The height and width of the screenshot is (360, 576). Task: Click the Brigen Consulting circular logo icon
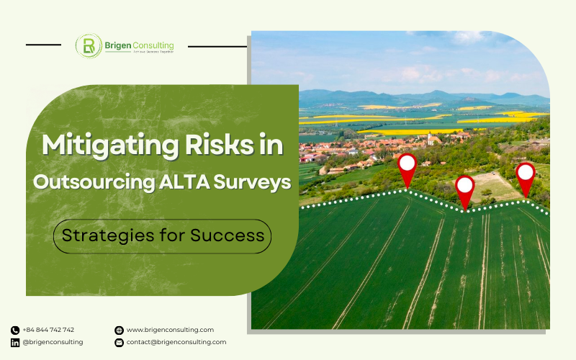(89, 46)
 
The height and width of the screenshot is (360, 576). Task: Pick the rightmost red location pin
(526, 175)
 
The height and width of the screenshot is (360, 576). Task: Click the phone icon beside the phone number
(15, 330)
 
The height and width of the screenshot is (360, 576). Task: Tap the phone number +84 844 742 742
(48, 330)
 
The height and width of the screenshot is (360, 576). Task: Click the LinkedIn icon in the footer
(15, 343)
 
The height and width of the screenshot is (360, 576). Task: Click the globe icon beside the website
(119, 330)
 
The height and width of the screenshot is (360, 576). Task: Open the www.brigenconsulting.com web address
(170, 330)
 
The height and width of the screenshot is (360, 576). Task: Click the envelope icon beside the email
(119, 343)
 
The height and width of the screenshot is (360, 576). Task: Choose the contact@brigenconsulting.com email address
(176, 342)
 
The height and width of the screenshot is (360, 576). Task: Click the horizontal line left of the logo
(43, 45)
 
